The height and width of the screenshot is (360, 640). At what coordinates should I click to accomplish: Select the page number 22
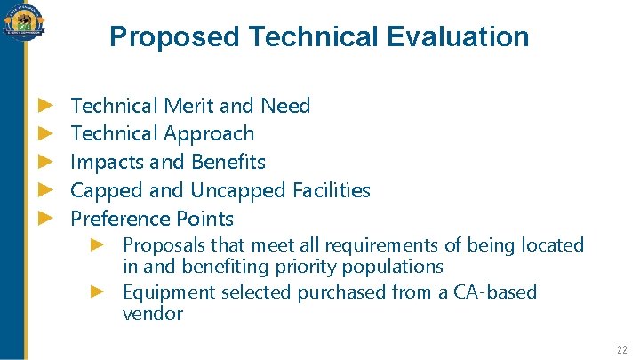coord(622,349)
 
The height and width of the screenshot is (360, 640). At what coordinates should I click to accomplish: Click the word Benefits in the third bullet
coord(228,162)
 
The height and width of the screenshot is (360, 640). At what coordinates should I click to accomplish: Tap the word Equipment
coord(166,292)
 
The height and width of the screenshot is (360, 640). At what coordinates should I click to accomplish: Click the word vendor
coord(152,314)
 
